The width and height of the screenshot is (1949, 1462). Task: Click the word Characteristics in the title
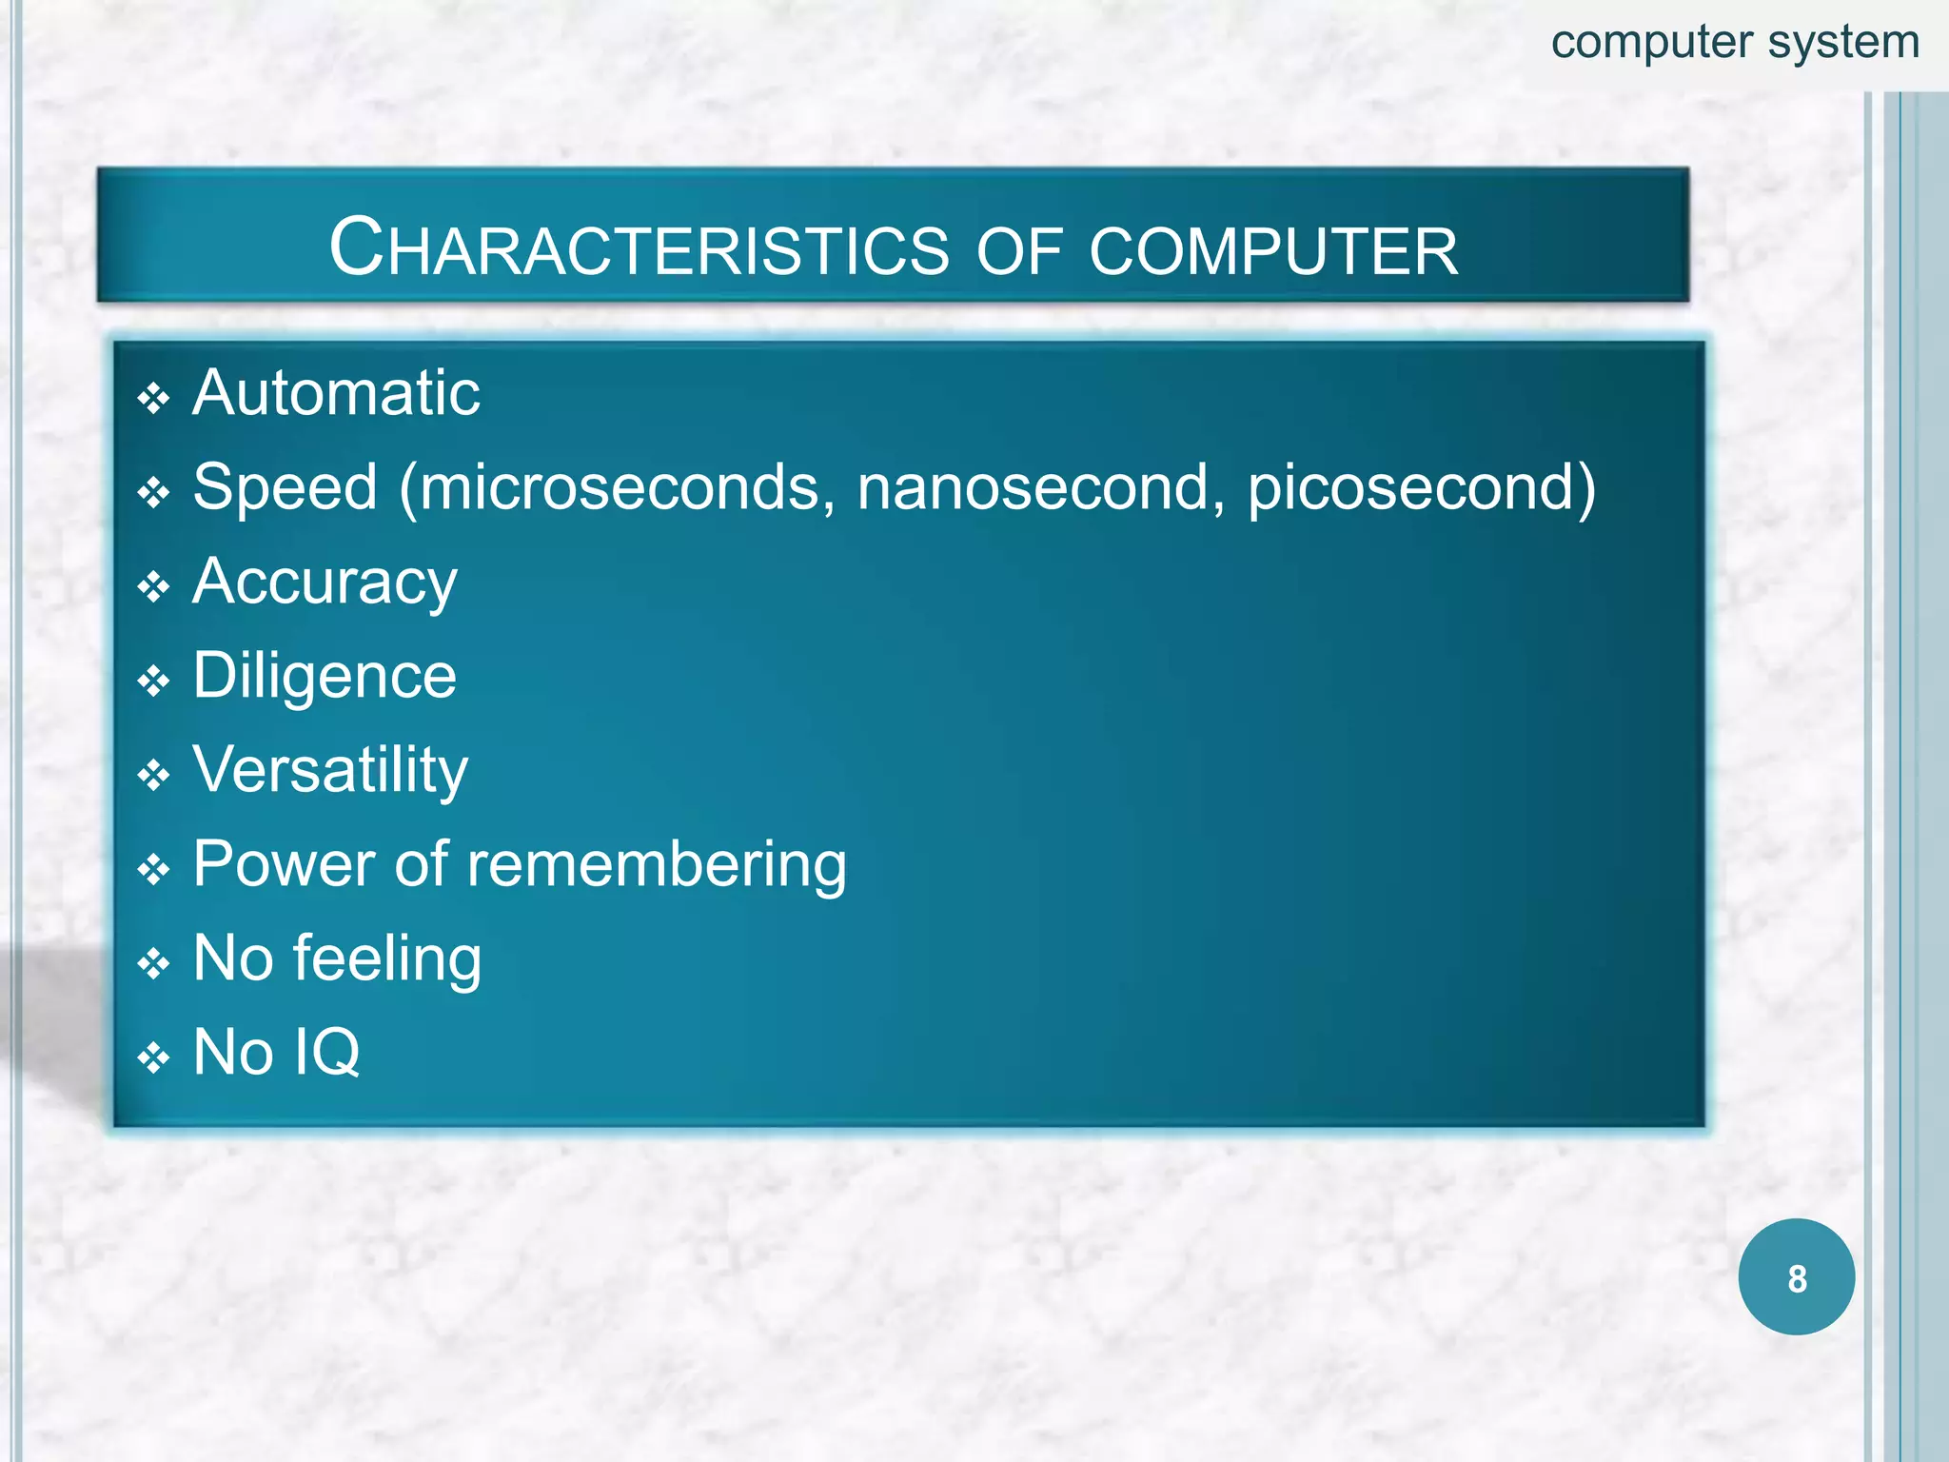639,249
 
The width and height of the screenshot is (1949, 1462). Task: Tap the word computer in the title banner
1272,251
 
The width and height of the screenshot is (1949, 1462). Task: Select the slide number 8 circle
1796,1277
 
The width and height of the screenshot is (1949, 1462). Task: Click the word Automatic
336,392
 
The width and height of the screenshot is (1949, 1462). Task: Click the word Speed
285,487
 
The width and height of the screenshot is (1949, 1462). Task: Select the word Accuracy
325,583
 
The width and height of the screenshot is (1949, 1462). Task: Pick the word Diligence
325,676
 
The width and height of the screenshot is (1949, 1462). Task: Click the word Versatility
330,770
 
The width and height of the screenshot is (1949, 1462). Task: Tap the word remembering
657,864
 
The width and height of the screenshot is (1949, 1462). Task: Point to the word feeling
387,959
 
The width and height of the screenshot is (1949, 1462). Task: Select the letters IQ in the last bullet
326,1053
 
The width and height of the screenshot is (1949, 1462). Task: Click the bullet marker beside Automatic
153,398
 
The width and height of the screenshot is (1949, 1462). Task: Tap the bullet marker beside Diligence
153,682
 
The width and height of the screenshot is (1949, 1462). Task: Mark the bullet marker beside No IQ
153,1057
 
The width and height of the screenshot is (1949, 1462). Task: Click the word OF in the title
1018,251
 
